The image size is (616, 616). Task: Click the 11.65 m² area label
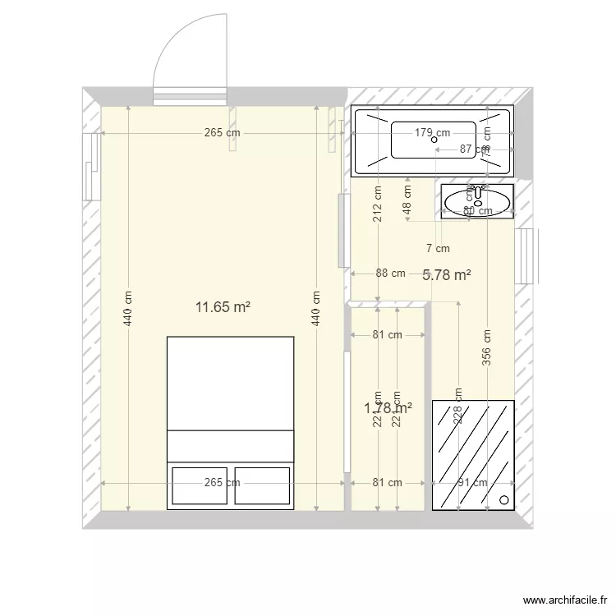coord(223,307)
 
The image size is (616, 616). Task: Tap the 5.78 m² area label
coord(446,275)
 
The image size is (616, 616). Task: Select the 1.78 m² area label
coord(388,407)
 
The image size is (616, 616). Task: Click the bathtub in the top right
coord(432,140)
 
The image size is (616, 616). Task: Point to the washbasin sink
coord(477,200)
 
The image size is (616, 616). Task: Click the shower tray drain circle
coord(503,499)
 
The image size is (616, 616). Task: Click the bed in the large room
coord(230,422)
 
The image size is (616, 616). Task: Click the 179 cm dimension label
coord(432,132)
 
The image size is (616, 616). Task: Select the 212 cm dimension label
coord(378,205)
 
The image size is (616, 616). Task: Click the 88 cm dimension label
coord(391,274)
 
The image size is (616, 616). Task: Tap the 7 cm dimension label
coord(438,248)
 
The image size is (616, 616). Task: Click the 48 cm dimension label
coord(407,198)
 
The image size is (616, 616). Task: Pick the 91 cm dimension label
coord(473,483)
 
